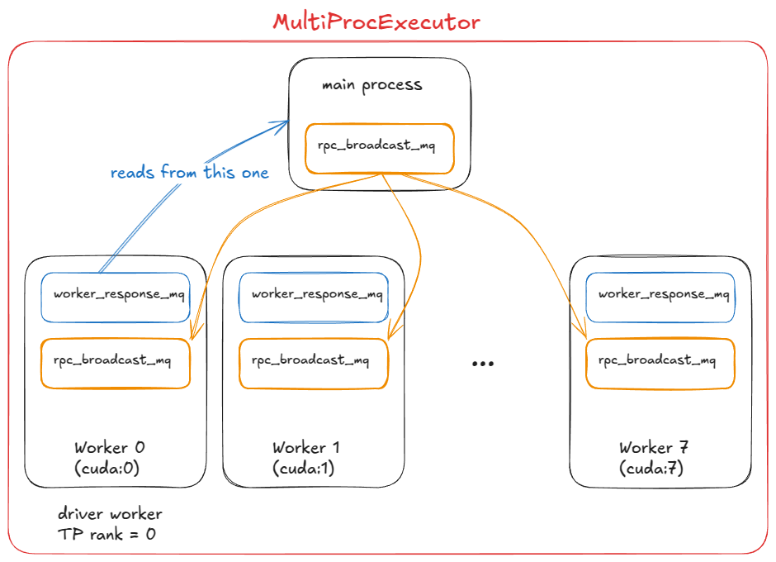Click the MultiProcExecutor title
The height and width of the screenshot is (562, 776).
[x=376, y=21]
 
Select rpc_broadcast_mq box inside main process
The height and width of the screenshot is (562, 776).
[x=379, y=148]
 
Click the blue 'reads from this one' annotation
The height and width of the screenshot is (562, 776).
[x=189, y=173]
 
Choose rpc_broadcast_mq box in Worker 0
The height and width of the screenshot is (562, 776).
[x=116, y=363]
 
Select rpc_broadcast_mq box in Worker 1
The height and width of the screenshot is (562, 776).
[x=314, y=363]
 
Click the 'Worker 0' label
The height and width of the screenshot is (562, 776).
[x=110, y=448]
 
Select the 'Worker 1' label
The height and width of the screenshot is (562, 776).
[x=305, y=448]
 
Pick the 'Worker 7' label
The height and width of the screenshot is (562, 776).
[x=654, y=448]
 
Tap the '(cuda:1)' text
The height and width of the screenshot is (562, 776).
[x=303, y=468]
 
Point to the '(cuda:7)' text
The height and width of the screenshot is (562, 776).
[x=651, y=468]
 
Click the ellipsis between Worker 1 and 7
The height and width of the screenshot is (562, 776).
[x=482, y=364]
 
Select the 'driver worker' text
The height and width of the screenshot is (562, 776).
[x=110, y=514]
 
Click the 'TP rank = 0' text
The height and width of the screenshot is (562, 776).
[x=106, y=534]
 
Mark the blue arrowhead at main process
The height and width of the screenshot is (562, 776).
[x=283, y=124]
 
